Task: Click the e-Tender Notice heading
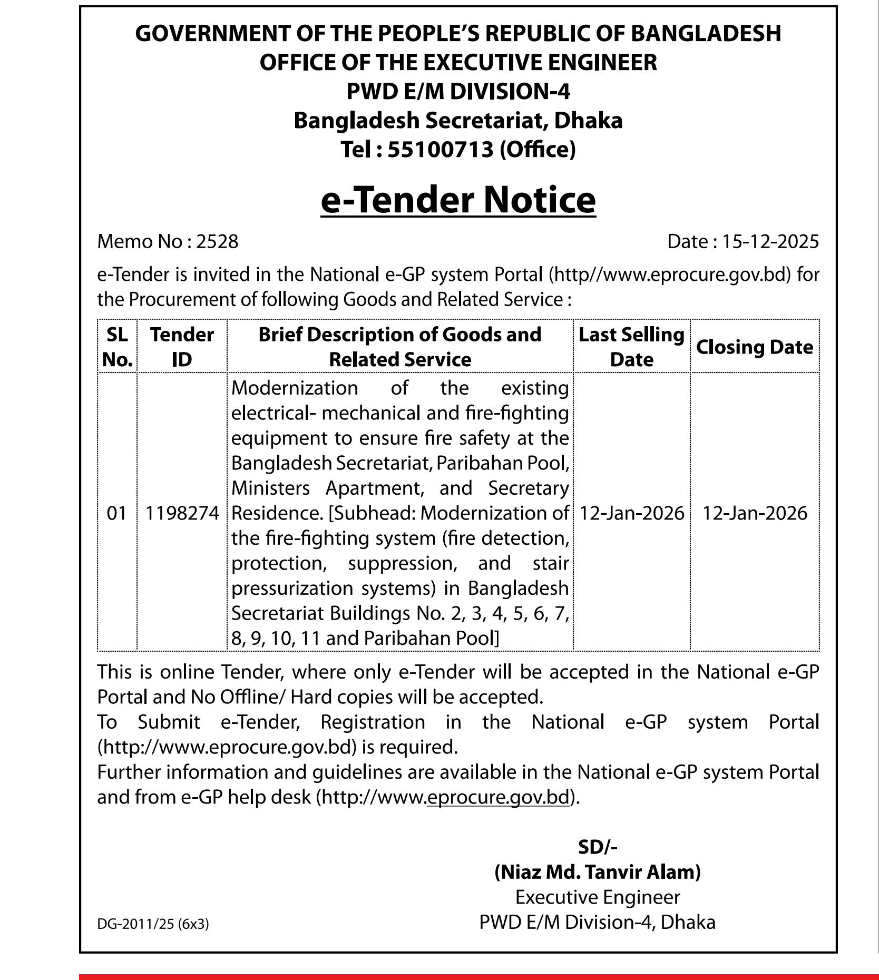pos(458,200)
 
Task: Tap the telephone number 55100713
pos(441,150)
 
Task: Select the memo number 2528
pos(217,241)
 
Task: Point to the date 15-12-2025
pos(770,241)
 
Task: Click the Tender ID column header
pos(182,347)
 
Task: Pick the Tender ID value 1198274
pos(182,513)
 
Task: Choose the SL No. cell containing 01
pos(117,513)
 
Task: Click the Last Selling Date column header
pos(631,347)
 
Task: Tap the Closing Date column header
pos(754,347)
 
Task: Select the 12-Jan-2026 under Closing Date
pos(755,513)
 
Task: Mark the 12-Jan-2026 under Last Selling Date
pos(631,513)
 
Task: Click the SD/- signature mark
pos(597,847)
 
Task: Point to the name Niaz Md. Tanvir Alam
pos(597,872)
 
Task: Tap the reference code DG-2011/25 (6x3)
pos(153,924)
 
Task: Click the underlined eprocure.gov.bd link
pos(499,797)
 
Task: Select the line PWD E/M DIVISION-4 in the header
pos(458,91)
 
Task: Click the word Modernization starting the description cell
pos(295,388)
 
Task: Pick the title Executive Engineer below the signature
pos(597,897)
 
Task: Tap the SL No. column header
pos(117,347)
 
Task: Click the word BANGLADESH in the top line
pos(706,33)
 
